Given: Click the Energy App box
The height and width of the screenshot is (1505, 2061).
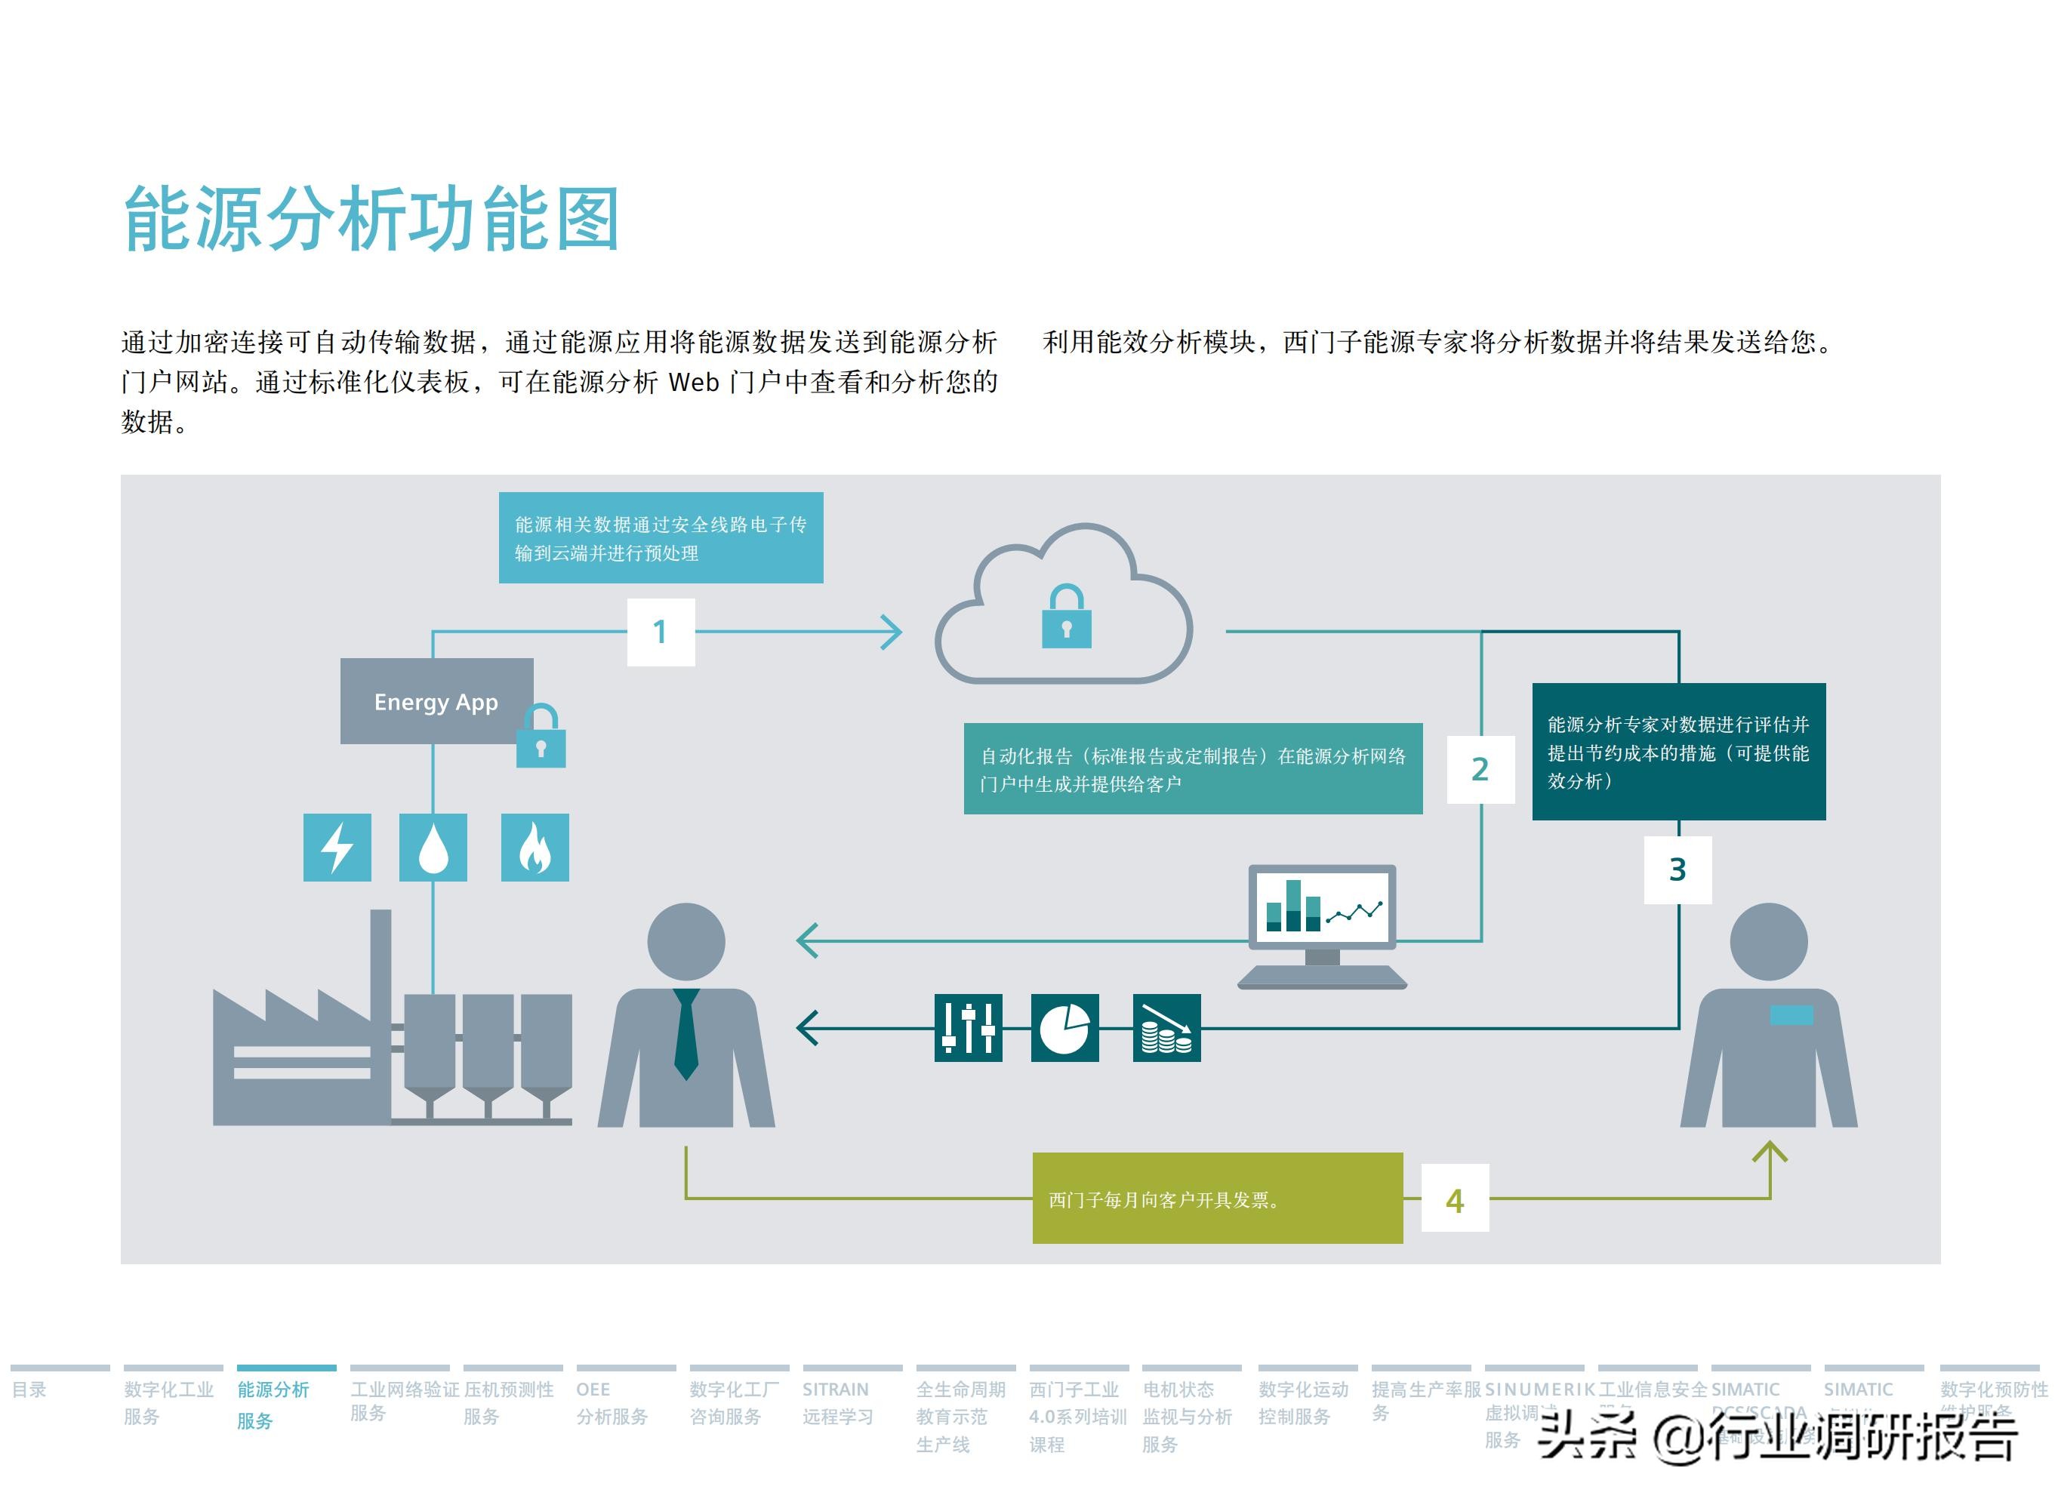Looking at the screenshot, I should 436,700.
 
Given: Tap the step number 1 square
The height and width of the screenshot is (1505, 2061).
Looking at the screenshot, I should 661,631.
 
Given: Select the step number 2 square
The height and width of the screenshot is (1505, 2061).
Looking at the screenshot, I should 1480,770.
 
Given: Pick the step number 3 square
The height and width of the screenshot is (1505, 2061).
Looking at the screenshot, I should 1677,870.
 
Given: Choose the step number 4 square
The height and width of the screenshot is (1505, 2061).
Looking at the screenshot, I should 1454,1201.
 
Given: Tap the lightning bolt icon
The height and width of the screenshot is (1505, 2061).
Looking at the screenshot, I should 337,848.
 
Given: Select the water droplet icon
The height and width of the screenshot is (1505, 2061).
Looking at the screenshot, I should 433,848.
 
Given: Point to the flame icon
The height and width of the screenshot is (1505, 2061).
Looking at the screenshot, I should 535,848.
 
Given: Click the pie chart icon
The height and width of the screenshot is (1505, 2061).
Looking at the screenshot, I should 1064,1028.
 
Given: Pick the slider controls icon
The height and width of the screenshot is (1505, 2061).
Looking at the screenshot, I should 968,1028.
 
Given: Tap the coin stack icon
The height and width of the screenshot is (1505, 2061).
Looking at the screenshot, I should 1166,1028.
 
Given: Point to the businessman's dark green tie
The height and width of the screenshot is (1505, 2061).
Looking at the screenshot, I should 686,1034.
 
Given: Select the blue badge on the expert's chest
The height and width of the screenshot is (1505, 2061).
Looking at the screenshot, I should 1791,1014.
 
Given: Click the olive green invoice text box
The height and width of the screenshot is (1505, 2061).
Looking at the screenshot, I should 1216,1198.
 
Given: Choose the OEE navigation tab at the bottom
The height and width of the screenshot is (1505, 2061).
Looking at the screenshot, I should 612,1402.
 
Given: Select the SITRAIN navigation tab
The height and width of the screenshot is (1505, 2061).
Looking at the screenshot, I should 836,1402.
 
